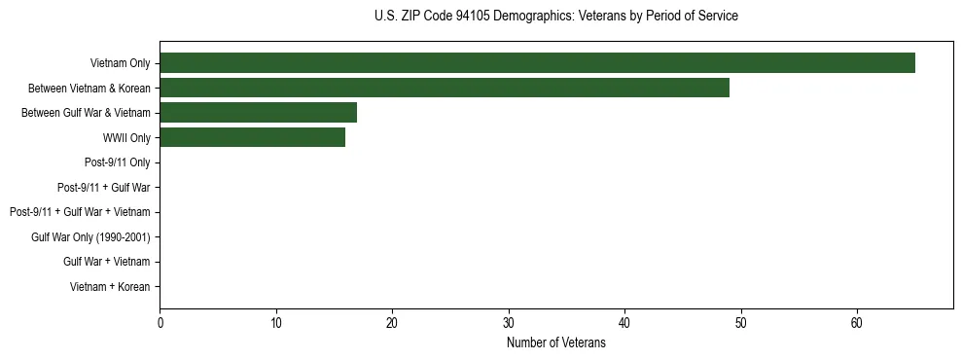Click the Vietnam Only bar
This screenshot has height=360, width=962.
pos(537,63)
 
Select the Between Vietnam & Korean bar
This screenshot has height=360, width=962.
pos(445,88)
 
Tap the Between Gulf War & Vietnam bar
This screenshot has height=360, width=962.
pos(258,113)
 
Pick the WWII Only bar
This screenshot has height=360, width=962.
pos(252,137)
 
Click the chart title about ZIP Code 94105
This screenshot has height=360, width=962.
pos(555,17)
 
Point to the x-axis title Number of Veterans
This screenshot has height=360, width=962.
pos(555,342)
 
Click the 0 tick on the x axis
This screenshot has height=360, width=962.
pos(160,322)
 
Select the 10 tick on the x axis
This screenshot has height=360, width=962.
pos(276,322)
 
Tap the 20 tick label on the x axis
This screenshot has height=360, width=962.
pos(392,322)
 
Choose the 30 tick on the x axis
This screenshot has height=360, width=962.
pos(509,322)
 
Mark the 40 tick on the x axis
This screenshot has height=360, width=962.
pos(624,322)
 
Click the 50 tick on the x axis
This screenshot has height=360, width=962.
pos(741,322)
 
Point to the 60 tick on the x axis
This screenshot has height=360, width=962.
pos(857,322)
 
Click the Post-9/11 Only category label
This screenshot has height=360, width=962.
pos(118,162)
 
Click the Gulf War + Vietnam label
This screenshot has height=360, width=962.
pos(106,262)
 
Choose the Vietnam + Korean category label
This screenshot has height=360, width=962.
pos(110,287)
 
